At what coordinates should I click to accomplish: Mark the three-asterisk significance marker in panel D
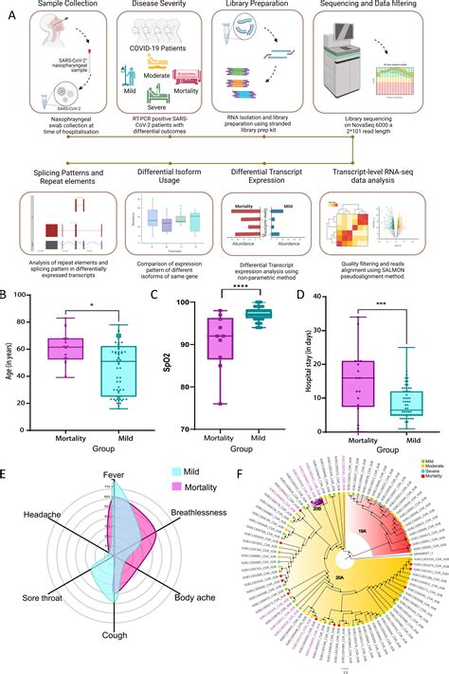click(x=381, y=307)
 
